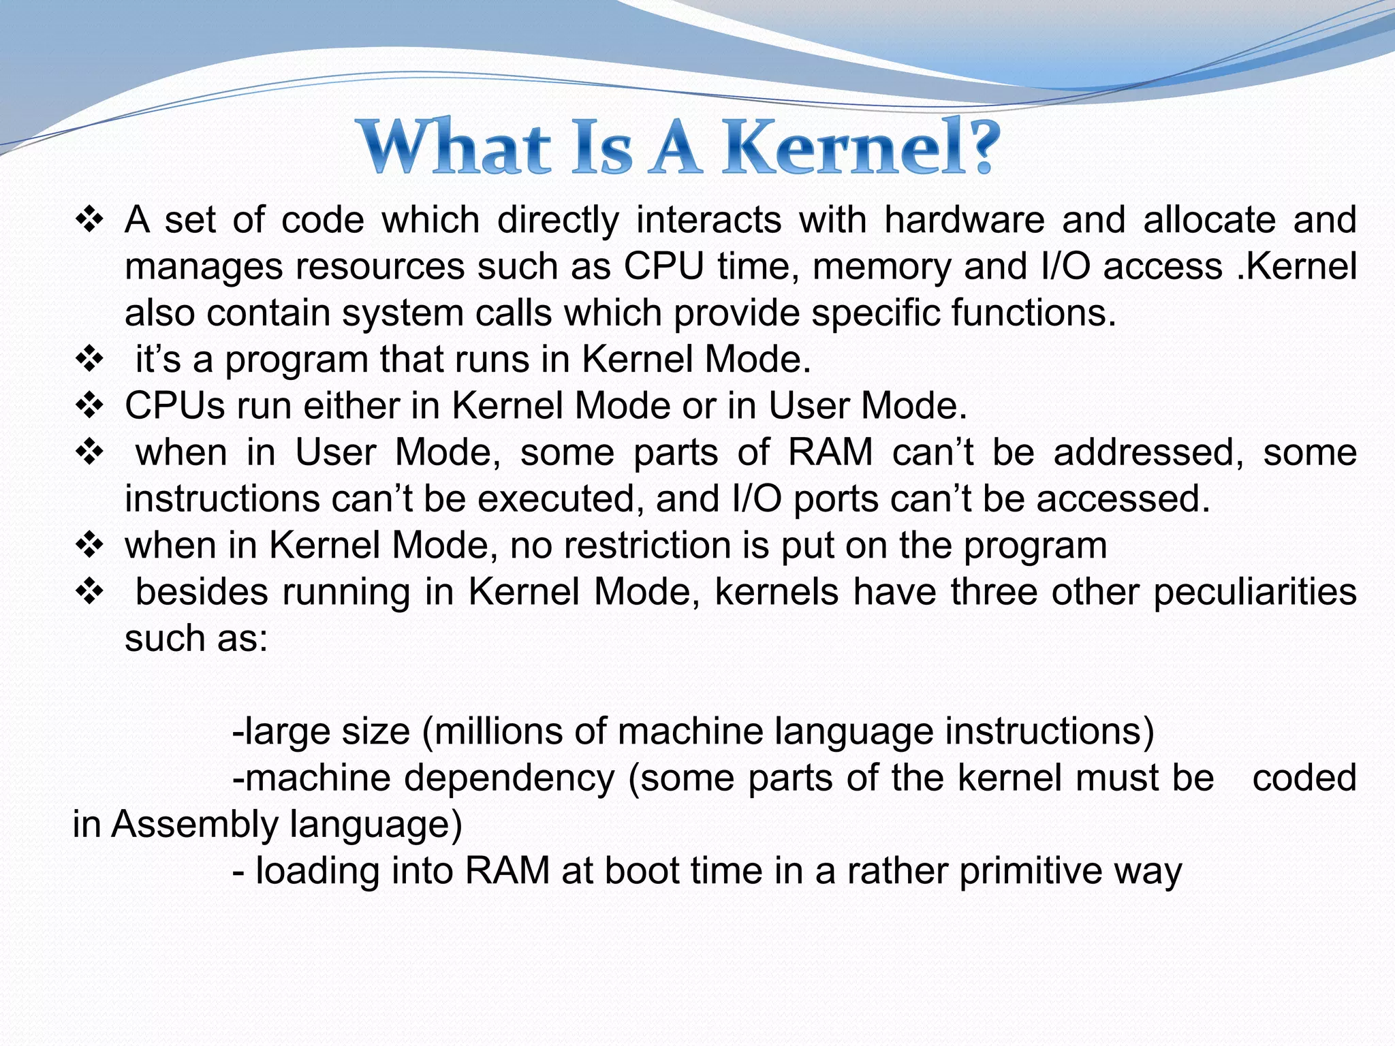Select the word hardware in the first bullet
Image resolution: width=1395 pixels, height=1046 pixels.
click(964, 221)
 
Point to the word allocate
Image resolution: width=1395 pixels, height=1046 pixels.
click(1209, 221)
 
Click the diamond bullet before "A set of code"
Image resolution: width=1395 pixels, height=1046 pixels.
click(89, 221)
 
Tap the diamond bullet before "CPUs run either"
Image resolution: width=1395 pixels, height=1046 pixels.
click(89, 406)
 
